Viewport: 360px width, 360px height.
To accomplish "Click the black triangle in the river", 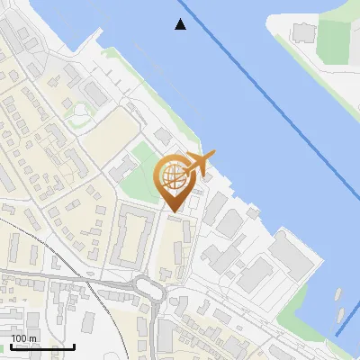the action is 181,24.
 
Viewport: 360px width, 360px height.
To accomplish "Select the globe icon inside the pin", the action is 173,175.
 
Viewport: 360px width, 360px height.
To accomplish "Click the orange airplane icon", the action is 199,163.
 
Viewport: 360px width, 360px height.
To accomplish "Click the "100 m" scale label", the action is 24,338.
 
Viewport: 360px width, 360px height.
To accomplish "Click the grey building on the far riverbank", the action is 301,33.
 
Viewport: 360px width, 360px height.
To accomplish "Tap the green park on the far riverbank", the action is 333,40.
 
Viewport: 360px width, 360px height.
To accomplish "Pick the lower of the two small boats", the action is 342,315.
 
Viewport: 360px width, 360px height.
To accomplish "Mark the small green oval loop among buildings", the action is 82,112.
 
